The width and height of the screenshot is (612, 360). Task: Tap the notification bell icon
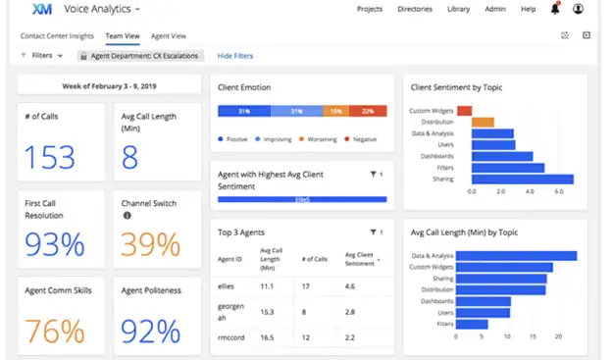coord(555,10)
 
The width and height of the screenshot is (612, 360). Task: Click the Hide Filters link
coord(235,56)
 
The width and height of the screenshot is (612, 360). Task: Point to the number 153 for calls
coord(49,157)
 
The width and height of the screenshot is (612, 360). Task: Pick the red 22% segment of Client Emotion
coord(368,111)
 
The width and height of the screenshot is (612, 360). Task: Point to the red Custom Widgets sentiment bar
coord(464,110)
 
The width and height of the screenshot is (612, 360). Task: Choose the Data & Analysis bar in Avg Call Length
coord(516,256)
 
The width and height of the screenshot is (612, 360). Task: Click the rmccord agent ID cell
coord(233,337)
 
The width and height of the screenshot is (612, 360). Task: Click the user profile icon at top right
coord(578,10)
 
